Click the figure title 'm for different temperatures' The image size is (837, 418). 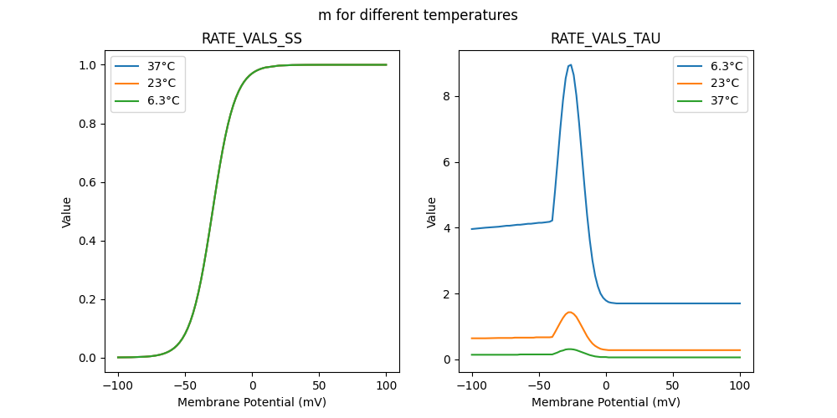(418, 15)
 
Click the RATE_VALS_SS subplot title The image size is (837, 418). (252, 39)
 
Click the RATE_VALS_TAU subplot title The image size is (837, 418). (605, 39)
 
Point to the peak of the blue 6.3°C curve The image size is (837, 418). (570, 64)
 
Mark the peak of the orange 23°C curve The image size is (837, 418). (569, 312)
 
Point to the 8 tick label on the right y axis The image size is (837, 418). (447, 96)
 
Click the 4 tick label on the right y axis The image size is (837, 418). (447, 228)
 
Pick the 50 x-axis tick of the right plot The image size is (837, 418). (673, 386)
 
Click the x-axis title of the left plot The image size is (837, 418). (252, 402)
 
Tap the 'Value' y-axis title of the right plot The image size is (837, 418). (432, 212)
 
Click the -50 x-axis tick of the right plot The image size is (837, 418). (539, 386)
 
